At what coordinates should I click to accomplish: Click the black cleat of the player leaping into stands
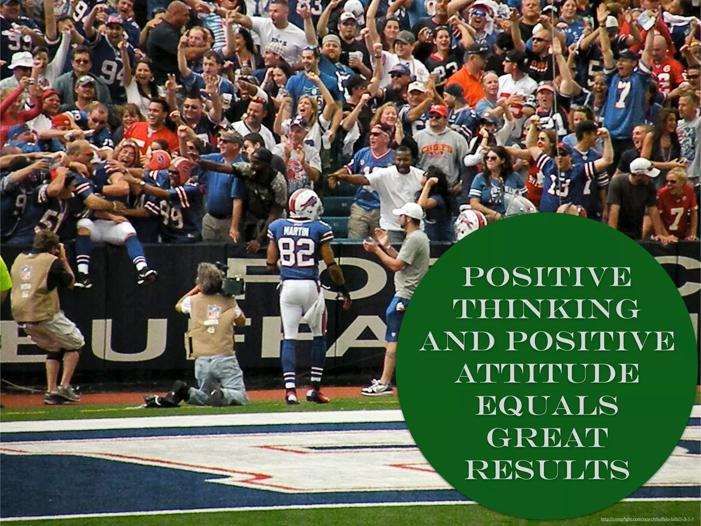coord(147,276)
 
